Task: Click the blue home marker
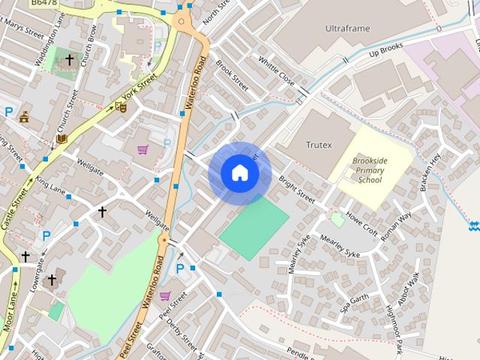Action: (x=239, y=173)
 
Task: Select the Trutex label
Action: (x=319, y=145)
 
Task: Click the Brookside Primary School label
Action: (x=370, y=169)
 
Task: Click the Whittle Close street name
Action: (x=276, y=70)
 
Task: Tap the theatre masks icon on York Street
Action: (x=121, y=107)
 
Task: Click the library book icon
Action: (x=61, y=139)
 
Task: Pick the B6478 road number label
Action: (x=44, y=4)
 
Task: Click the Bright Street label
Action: (x=297, y=190)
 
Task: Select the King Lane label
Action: (x=50, y=184)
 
